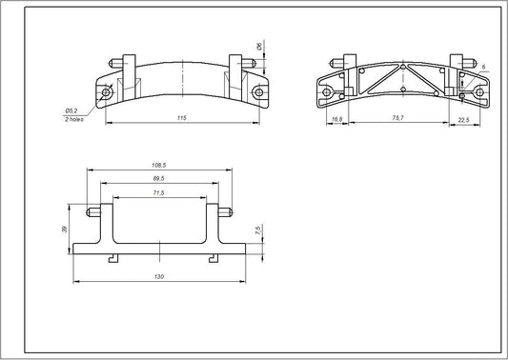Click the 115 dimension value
click(x=181, y=117)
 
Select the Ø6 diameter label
click(x=258, y=45)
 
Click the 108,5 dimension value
click(x=158, y=167)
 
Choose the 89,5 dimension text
click(x=158, y=179)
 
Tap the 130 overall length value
click(x=158, y=275)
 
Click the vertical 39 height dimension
click(x=64, y=230)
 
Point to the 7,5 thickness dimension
click(x=258, y=230)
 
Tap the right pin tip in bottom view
click(x=231, y=210)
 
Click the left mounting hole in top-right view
click(x=328, y=93)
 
